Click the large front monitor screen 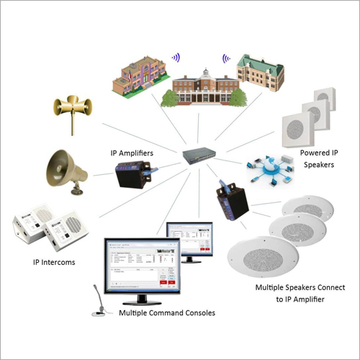[141, 266]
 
